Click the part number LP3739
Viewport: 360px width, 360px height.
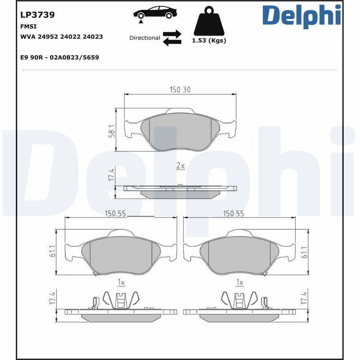[37, 15]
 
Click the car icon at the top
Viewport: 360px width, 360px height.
[155, 13]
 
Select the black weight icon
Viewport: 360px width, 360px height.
[209, 21]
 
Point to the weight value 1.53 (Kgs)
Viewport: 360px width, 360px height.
[209, 40]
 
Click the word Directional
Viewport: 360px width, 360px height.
[144, 38]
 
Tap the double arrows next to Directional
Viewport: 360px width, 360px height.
[172, 38]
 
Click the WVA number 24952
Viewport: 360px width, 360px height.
[48, 37]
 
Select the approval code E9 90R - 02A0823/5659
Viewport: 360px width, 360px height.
[60, 58]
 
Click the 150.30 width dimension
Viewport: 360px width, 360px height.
[180, 90]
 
